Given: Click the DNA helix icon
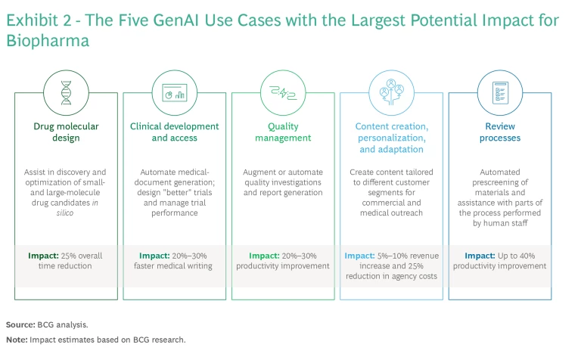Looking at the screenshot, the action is [66, 92].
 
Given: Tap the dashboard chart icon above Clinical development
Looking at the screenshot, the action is [175, 92].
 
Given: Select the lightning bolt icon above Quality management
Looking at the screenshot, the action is [283, 92].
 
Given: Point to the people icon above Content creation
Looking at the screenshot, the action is [391, 92].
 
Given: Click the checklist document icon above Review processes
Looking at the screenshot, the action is [500, 92].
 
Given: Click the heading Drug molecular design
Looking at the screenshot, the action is [66, 132].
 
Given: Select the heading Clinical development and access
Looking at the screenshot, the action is [175, 132].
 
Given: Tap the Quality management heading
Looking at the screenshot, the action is [283, 132].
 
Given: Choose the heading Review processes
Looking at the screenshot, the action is [500, 132].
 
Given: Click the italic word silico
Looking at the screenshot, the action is [65, 213].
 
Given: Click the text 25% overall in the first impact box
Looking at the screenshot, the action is [82, 256].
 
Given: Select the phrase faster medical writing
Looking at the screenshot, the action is [173, 266].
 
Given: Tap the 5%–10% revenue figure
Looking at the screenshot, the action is [408, 256].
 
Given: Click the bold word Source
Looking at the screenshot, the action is [20, 324].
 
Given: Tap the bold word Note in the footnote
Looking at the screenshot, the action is [17, 340].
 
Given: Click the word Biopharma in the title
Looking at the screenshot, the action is [48, 41].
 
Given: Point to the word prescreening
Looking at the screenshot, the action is [500, 182].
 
